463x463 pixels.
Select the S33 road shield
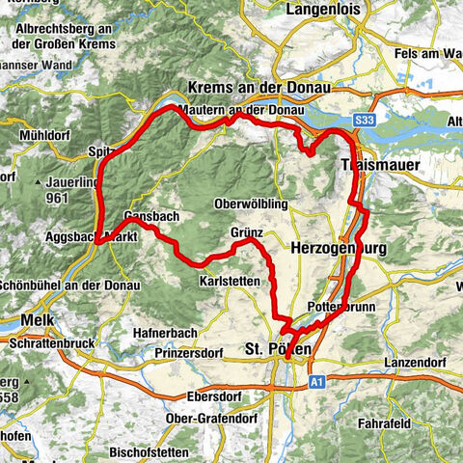point(364,119)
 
